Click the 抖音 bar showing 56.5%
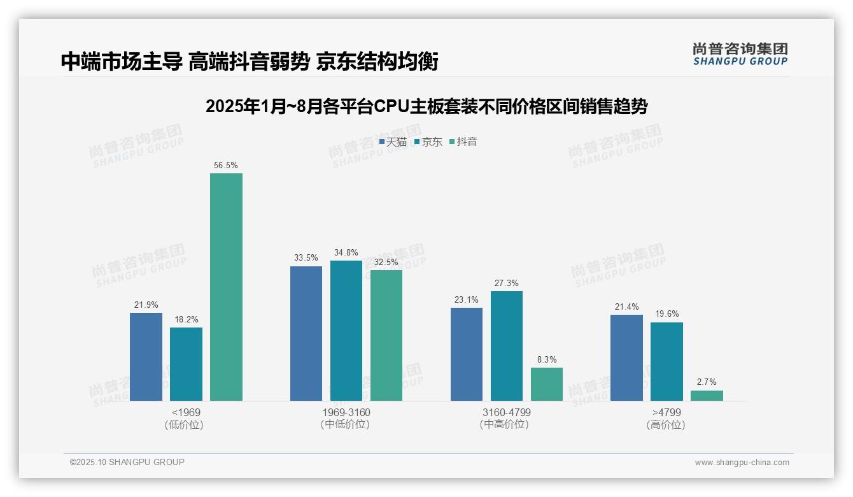click(x=226, y=287)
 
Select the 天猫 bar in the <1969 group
click(x=146, y=357)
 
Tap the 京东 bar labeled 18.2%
click(x=186, y=364)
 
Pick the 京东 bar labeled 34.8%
click(x=346, y=331)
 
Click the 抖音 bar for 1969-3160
click(x=386, y=335)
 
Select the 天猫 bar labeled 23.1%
click(x=466, y=354)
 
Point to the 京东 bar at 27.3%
click(x=506, y=346)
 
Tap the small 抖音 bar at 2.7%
click(x=707, y=396)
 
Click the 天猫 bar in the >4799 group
click(x=626, y=357)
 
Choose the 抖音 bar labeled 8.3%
click(x=546, y=384)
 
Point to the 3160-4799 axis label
click(x=506, y=413)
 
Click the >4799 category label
click(x=666, y=413)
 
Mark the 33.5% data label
click(x=306, y=258)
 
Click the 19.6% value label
click(x=666, y=314)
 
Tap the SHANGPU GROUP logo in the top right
click(x=740, y=54)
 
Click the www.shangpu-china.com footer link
click(x=742, y=463)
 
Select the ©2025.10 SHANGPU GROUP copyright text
click(x=127, y=463)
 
